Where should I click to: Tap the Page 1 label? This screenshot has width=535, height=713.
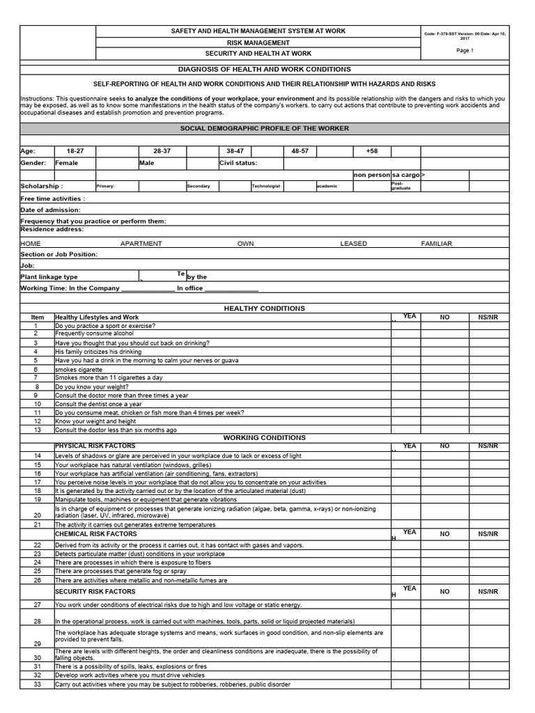464,51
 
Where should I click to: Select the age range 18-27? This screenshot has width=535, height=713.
75,150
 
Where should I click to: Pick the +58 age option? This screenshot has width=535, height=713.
371,150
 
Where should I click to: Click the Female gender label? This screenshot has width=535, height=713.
67,163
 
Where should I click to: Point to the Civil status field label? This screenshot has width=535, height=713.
238,163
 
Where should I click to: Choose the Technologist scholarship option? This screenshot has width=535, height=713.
265,187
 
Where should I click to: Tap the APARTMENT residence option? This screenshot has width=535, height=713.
141,244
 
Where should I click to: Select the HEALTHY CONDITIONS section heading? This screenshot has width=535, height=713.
263,308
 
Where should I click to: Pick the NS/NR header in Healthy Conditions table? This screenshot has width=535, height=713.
488,317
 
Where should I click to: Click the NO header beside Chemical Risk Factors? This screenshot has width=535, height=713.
444,534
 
